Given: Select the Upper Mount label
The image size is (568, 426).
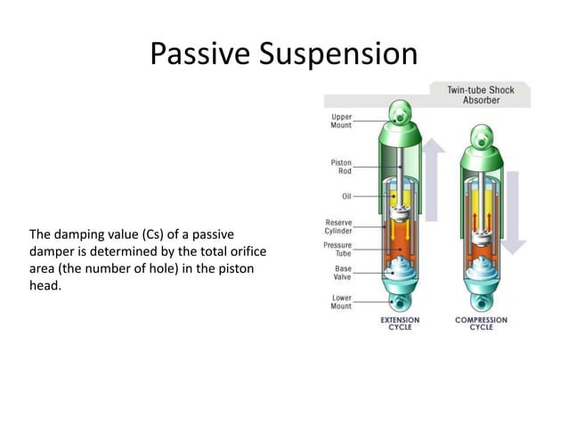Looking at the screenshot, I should [341, 120].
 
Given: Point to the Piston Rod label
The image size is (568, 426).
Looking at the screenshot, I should [341, 167].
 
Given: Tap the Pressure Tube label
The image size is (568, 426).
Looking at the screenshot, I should [337, 249].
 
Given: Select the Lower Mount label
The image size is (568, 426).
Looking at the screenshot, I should [341, 302].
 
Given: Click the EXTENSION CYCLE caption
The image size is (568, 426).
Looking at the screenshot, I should [400, 323].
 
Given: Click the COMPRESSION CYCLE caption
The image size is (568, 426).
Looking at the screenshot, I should [482, 323].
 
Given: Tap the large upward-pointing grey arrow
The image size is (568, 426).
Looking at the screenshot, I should [434, 178].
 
